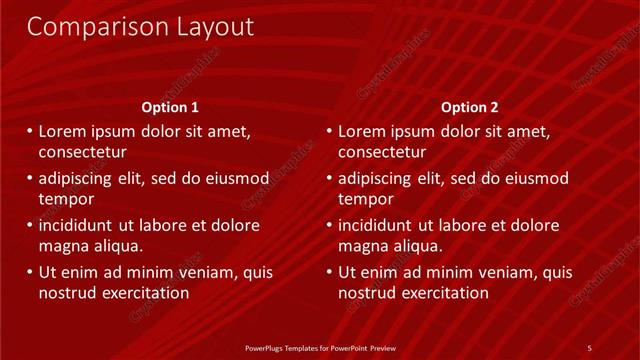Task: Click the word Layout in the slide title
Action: click(x=207, y=27)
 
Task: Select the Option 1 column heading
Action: click(x=171, y=107)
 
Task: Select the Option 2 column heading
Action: click(x=469, y=107)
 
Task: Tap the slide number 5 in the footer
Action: click(x=589, y=347)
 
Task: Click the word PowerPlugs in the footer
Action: click(x=267, y=348)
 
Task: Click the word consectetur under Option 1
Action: click(x=82, y=153)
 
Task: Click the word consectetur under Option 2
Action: click(x=382, y=153)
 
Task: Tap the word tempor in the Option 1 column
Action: click(x=65, y=199)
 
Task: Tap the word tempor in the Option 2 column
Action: click(x=364, y=199)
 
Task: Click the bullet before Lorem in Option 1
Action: click(x=30, y=131)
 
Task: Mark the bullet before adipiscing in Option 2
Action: click(x=330, y=178)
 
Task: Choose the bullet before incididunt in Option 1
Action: click(x=30, y=225)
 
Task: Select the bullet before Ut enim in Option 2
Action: click(x=330, y=272)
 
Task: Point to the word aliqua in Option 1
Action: click(x=118, y=246)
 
